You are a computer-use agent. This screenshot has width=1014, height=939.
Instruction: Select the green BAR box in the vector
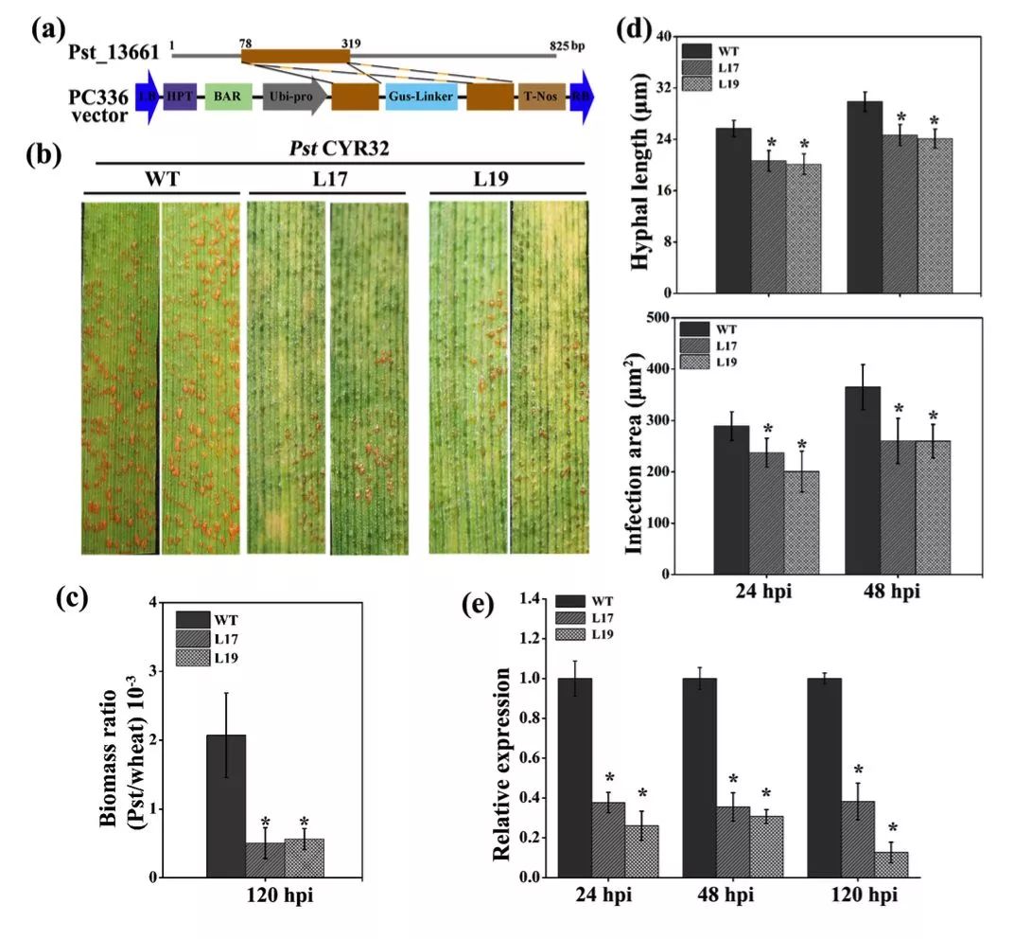[228, 97]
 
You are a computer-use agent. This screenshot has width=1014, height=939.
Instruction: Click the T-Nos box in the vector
[542, 97]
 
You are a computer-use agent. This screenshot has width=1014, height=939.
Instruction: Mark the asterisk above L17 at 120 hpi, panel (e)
[858, 771]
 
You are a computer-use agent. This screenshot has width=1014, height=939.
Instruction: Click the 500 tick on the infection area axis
[658, 318]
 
